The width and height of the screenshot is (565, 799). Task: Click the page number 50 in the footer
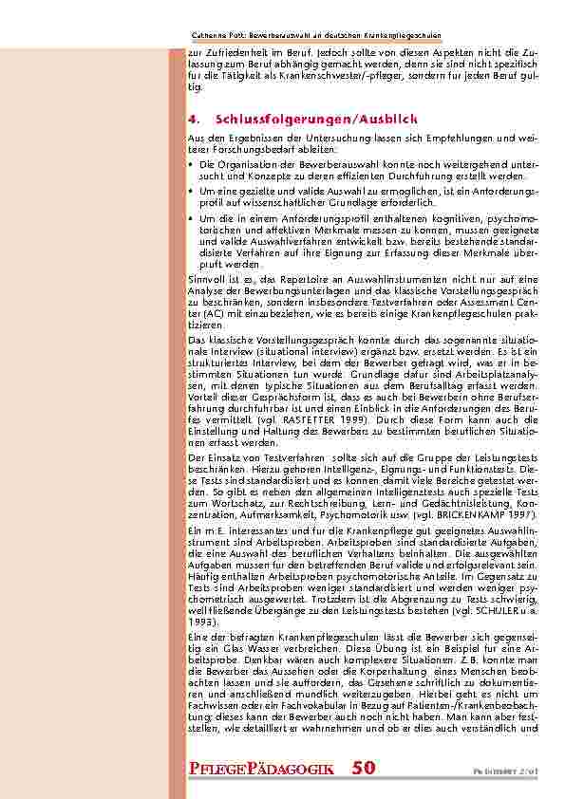(364, 767)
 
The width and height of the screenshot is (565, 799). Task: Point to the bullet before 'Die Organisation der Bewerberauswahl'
(193, 165)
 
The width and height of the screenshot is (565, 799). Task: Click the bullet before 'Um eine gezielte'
(193, 191)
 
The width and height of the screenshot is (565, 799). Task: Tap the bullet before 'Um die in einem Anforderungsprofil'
(193, 217)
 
